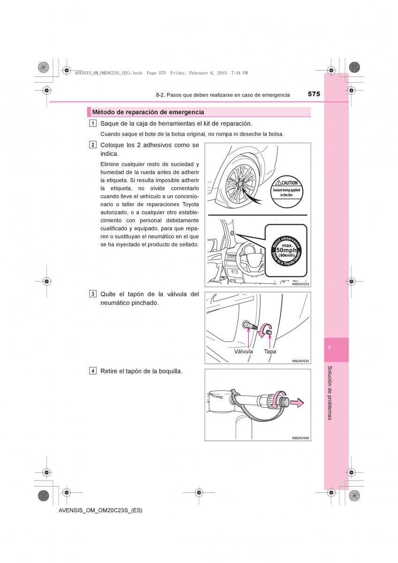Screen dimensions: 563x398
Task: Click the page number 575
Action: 314,94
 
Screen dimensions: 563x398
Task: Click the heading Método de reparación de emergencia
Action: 148,112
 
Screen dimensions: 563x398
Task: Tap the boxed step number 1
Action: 93,123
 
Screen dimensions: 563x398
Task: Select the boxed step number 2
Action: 93,145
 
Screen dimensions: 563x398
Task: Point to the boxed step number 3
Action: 93,294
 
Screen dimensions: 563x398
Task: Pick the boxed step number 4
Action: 93,371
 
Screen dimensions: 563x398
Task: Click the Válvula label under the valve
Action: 244,351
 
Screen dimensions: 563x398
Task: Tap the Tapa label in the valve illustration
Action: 270,351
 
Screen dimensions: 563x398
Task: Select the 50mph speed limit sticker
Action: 286,250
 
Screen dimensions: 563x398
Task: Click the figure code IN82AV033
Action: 300,284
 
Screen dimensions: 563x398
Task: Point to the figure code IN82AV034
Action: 300,361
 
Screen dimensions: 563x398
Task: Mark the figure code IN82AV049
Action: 300,438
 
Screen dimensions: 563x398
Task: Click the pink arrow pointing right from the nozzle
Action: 297,402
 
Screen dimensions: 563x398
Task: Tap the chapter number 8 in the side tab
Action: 330,348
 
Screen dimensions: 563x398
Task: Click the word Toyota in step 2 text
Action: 191,205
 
